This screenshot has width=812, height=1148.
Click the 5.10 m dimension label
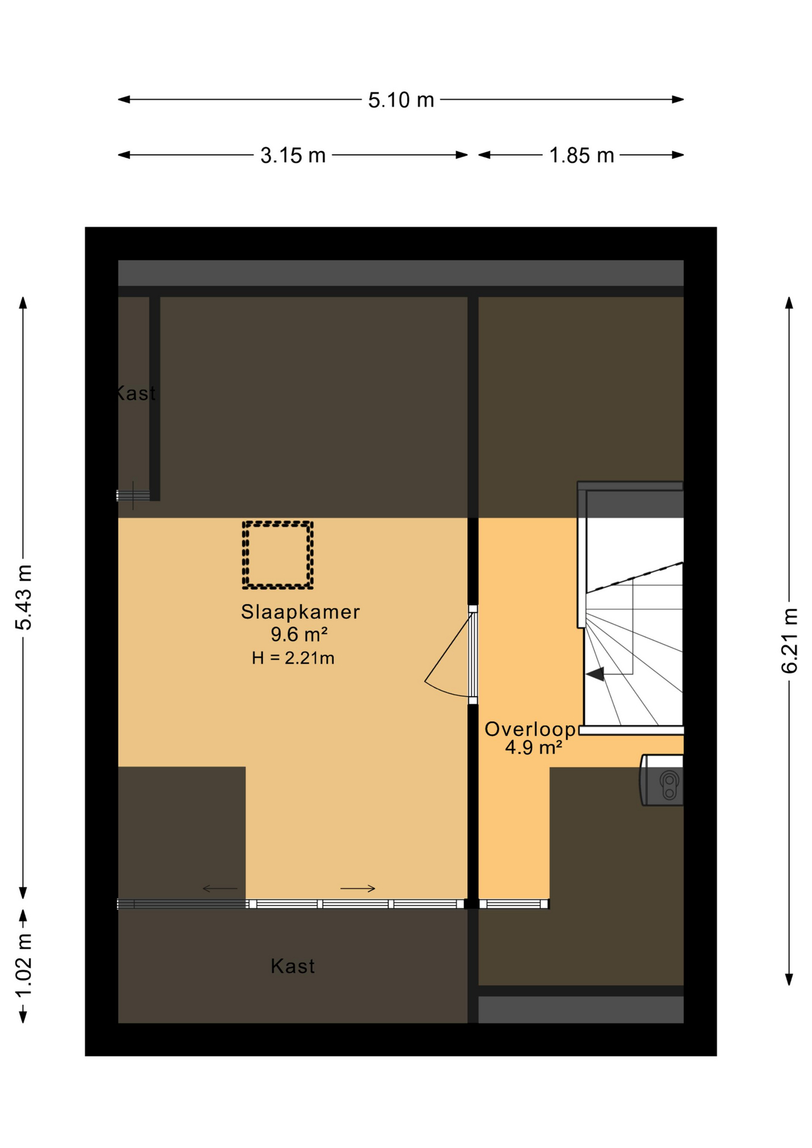[401, 100]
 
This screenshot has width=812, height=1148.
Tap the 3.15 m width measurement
[293, 155]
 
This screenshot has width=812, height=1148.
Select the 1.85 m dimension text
[581, 155]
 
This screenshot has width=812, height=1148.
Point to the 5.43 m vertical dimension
[24, 597]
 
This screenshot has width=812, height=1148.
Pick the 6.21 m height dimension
[789, 640]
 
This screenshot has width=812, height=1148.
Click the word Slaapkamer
[300, 612]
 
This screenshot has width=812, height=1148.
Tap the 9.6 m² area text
[299, 634]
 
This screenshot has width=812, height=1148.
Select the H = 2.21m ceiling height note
[293, 658]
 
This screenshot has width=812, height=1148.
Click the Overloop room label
[530, 729]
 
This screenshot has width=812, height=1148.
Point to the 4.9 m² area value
[533, 747]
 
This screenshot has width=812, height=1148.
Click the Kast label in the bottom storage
[292, 966]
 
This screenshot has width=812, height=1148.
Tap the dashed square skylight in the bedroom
[277, 555]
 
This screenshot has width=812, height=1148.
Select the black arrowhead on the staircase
[595, 674]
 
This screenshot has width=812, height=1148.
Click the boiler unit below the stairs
[661, 780]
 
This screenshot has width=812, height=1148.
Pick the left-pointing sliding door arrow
[220, 889]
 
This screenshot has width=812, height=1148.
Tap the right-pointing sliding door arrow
[358, 889]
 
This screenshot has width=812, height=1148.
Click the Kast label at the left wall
[135, 393]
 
